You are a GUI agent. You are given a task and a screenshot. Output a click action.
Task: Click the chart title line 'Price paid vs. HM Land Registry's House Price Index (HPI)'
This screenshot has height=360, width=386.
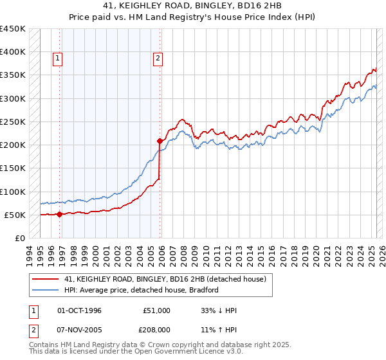[x=192, y=17]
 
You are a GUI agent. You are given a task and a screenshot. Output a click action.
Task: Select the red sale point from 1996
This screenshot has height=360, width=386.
[x=60, y=215]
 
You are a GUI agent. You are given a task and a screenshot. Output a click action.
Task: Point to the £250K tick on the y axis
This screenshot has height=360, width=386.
[x=13, y=122]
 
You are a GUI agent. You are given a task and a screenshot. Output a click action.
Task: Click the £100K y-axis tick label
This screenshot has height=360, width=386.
[x=13, y=192]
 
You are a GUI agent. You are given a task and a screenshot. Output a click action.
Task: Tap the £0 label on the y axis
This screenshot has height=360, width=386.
[x=19, y=238]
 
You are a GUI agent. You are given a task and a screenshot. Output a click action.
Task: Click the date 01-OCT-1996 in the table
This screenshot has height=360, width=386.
[x=79, y=310]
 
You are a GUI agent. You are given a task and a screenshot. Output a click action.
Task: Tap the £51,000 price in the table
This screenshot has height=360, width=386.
[x=157, y=310]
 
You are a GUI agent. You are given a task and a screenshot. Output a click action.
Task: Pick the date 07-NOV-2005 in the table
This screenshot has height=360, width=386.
[x=79, y=331]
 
